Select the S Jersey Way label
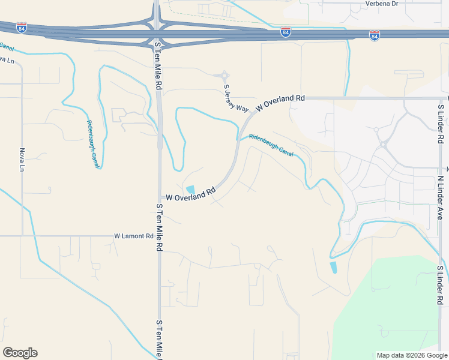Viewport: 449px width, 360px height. pos(236,98)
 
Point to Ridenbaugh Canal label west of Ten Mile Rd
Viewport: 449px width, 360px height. pos(92,142)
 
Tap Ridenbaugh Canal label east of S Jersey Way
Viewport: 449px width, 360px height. pos(270,145)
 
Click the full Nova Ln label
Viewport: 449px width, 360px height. pos(22,160)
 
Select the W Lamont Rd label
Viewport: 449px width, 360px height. pos(134,236)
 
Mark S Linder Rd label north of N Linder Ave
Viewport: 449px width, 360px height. pos(441,123)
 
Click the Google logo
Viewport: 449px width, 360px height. pos(20,353)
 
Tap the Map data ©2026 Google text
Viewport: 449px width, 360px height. pos(411,355)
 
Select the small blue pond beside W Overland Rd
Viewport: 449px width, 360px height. pos(190,190)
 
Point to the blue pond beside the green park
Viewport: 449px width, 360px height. pos(333,268)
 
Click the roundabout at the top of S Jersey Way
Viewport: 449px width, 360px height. pos(224,76)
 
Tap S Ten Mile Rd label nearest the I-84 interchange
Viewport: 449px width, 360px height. pos(158,66)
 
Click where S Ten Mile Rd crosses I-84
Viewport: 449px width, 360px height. pos(156,32)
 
